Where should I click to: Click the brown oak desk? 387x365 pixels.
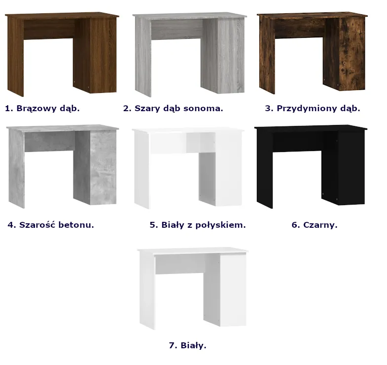click(62, 54)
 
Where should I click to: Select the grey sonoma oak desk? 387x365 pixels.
click(189, 54)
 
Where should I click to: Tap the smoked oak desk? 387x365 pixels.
click(312, 53)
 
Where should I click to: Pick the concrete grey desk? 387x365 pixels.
click(63, 166)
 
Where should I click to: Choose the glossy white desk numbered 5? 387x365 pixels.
click(188, 168)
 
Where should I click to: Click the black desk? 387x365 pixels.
click(311, 166)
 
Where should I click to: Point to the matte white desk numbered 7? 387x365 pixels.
click(193, 288)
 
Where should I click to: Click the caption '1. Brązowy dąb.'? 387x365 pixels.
click(42, 108)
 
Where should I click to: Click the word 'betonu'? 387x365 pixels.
click(76, 225)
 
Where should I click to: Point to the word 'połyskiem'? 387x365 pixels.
click(221, 225)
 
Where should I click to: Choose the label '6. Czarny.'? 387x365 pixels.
click(315, 225)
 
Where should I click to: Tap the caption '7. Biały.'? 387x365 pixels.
click(187, 345)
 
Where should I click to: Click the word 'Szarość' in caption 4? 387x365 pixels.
click(38, 225)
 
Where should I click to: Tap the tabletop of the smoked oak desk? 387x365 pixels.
click(312, 15)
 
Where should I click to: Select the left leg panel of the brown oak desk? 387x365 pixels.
click(16, 57)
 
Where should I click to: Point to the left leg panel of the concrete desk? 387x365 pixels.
click(17, 169)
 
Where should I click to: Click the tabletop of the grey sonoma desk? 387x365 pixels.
click(189, 16)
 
